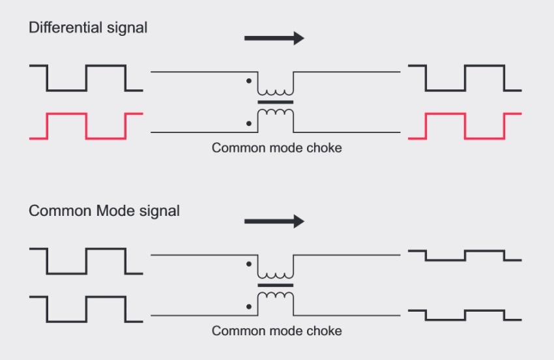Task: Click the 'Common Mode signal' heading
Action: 104,211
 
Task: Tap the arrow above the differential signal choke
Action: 274,38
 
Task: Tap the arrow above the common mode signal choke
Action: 274,222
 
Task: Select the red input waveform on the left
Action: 86,125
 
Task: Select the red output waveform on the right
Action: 464,125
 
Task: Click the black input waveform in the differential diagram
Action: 86,77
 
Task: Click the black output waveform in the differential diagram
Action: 464,77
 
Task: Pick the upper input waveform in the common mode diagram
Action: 86,260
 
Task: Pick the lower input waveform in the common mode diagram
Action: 86,308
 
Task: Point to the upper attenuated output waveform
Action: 464,255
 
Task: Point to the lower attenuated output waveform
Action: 464,314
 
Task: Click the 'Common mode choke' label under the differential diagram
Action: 276,148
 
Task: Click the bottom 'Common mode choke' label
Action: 276,331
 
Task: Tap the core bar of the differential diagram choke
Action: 276,102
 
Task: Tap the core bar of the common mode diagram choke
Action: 276,285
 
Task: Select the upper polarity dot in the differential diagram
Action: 248,82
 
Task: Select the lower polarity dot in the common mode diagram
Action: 248,305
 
